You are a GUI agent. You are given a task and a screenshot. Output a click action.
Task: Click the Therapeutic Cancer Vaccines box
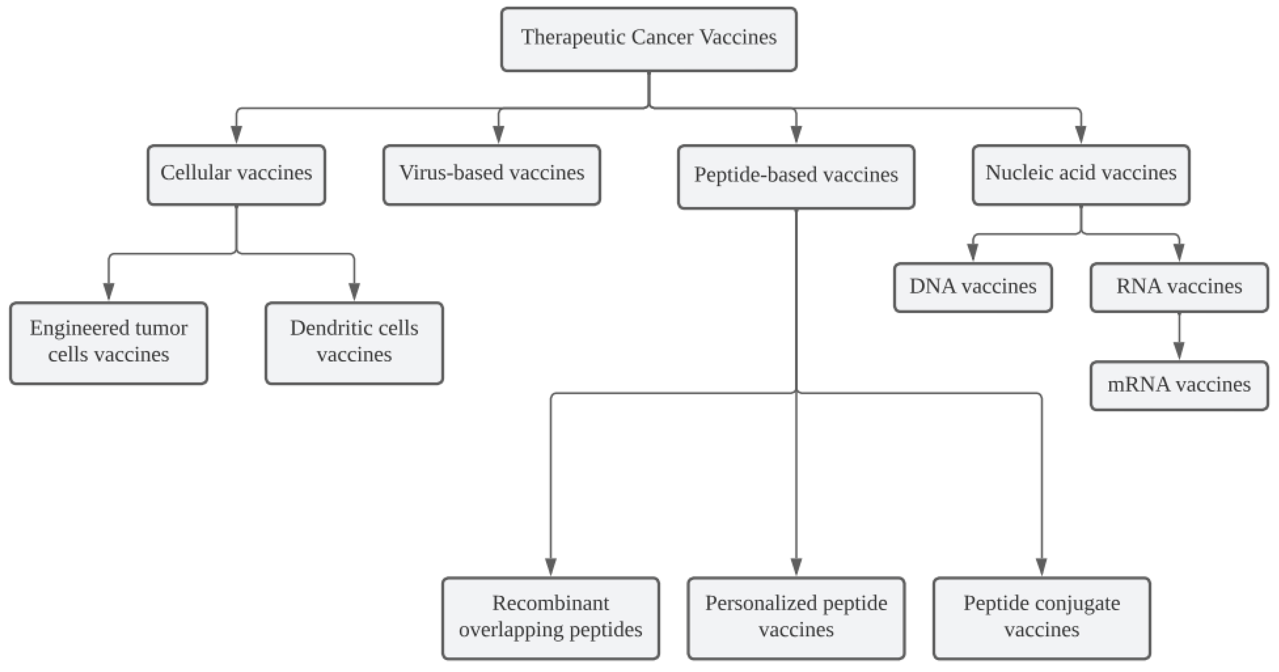click(648, 39)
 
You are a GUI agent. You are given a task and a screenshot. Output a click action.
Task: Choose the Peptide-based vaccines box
click(796, 177)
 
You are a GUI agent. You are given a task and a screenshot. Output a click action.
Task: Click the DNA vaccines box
click(973, 287)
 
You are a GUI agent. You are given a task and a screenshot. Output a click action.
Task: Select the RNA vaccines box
click(1179, 287)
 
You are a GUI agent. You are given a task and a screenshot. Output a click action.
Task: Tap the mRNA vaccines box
click(1179, 386)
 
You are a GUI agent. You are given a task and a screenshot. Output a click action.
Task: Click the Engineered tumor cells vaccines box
click(109, 343)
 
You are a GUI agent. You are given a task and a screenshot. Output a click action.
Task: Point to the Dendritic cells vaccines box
click(354, 343)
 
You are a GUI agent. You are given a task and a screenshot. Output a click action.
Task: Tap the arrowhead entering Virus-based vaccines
click(499, 134)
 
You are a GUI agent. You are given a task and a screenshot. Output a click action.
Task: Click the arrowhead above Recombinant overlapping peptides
click(551, 566)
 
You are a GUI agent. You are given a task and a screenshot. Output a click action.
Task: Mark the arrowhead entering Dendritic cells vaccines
click(354, 291)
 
